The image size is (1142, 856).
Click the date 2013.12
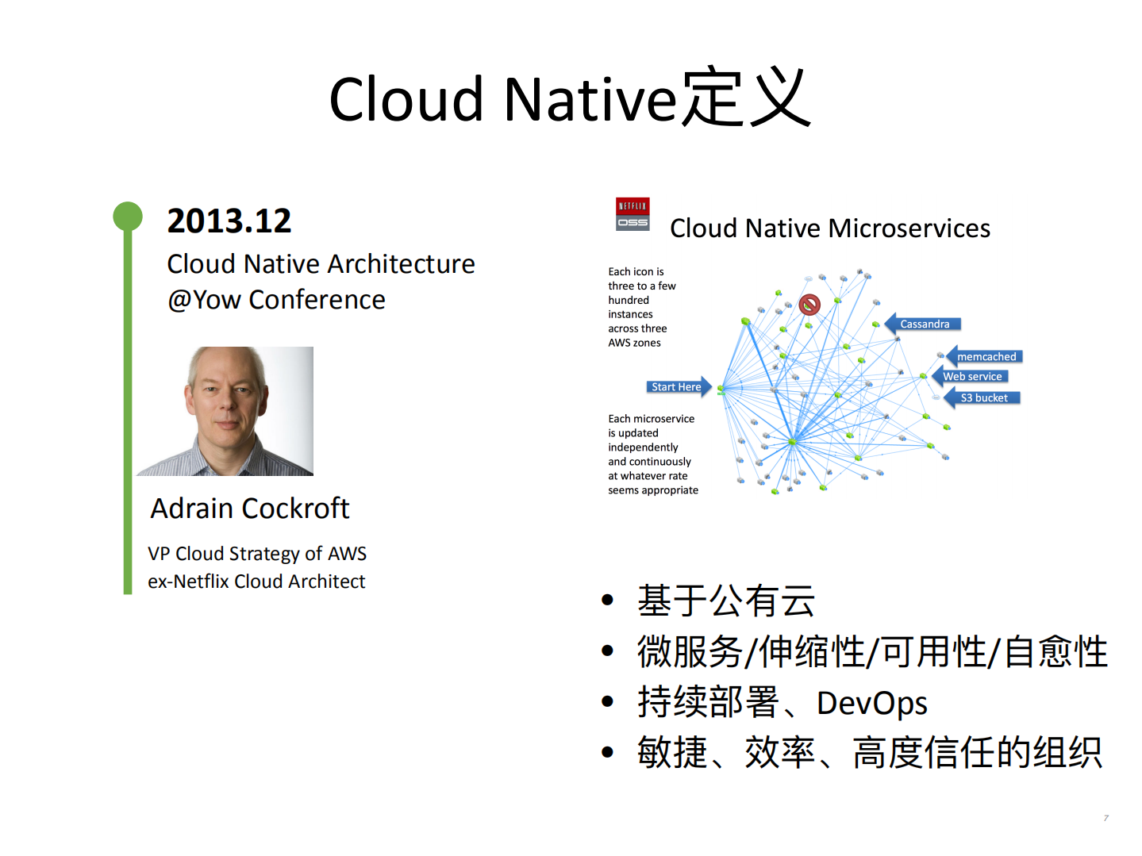[229, 221]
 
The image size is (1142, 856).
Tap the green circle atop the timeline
[127, 216]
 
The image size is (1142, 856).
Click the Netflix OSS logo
[633, 214]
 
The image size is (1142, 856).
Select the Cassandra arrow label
[924, 324]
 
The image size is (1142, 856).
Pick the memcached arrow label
[985, 357]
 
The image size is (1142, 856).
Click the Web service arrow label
[971, 377]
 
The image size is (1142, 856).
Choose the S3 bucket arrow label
[983, 398]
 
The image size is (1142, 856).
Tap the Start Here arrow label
[677, 387]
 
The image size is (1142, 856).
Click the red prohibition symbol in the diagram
[809, 304]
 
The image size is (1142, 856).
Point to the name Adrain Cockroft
[250, 509]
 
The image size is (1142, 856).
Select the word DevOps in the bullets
[871, 703]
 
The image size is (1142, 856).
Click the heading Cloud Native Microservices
[829, 228]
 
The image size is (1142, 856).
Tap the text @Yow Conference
[276, 300]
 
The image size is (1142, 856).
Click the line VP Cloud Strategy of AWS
[256, 554]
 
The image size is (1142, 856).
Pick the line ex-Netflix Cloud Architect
[256, 582]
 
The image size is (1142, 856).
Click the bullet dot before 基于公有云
[608, 601]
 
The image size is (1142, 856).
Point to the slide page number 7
[1105, 818]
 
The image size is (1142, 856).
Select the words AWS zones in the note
[634, 343]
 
